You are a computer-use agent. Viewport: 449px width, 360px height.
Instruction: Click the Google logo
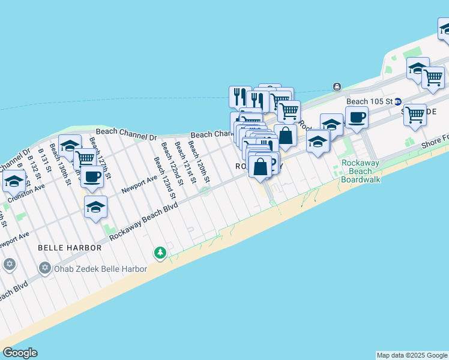click(x=20, y=353)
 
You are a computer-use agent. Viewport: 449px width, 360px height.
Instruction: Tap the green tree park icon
click(x=160, y=253)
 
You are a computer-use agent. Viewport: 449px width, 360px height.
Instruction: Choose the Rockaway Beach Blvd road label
click(x=144, y=221)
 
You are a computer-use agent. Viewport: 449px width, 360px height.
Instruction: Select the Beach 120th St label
click(x=199, y=162)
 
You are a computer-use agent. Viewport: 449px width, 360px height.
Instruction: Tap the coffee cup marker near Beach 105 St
click(x=357, y=118)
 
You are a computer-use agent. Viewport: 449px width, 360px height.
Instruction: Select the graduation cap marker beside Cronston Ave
click(x=13, y=180)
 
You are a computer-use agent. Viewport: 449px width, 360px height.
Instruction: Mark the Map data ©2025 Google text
click(x=412, y=355)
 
